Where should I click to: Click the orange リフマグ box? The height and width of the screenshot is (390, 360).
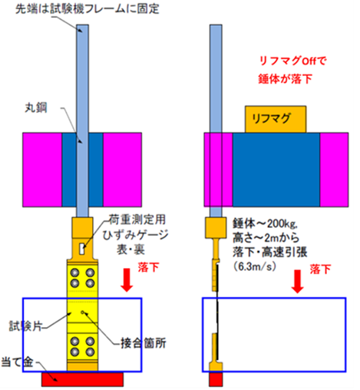pos(276,119)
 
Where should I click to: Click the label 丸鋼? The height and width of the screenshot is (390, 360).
pos(36,107)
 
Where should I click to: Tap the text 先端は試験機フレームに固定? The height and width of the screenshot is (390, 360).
pos(88,9)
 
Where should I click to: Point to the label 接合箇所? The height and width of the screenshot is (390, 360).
pos(144,342)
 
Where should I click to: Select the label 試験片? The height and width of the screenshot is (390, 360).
pos(25,326)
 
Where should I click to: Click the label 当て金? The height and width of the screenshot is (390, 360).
pos(18,362)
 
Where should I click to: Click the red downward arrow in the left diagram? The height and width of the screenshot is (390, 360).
pos(127,280)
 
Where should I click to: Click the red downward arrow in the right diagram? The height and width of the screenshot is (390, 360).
pos(297,281)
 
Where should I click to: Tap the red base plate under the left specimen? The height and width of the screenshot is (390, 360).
pos(82,379)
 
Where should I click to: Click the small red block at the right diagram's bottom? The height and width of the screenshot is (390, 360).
pos(216,379)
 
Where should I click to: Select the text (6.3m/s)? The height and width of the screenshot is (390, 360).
pos(255,266)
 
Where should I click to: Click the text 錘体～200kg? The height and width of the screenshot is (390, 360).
pos(265,224)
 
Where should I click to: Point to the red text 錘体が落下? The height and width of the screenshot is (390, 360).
pos(285,78)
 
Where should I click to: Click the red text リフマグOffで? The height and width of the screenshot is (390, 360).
pos(293,61)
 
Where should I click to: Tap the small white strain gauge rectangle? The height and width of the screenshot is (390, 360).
pos(82,249)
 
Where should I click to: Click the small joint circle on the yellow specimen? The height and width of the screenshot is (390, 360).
pos(82,312)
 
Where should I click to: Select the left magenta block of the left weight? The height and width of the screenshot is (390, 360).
pos(42,170)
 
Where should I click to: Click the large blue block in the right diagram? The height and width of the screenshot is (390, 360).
pos(276,170)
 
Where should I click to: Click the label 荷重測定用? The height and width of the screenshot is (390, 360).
pos(137,220)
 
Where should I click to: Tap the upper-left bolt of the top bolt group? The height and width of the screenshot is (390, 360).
pos(74,273)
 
